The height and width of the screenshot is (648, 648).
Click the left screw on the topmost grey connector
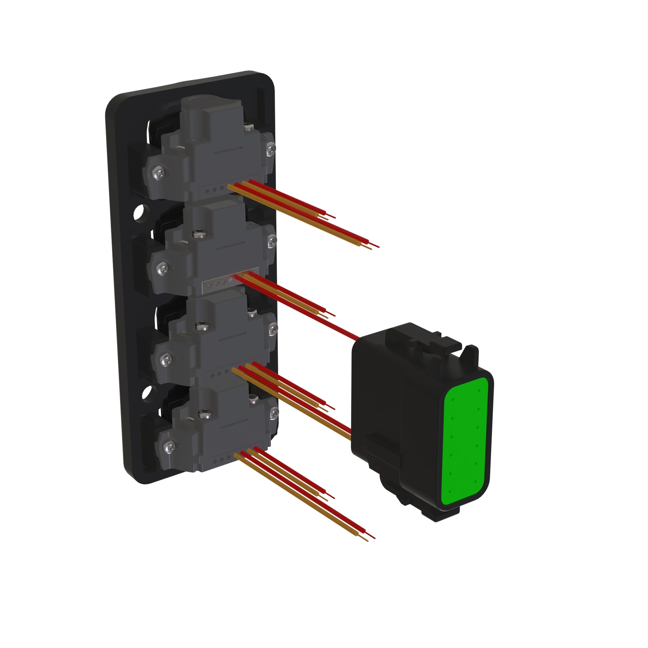pos(159,173)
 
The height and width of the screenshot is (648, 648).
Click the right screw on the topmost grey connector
pos(271,149)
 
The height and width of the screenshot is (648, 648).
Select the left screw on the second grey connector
pos(163,268)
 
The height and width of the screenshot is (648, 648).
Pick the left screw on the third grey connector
pos(167,361)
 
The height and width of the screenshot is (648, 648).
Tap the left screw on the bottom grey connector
pos(170,446)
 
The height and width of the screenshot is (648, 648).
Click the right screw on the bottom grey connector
pos(274,413)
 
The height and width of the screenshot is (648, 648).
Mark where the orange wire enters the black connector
pos(350,437)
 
